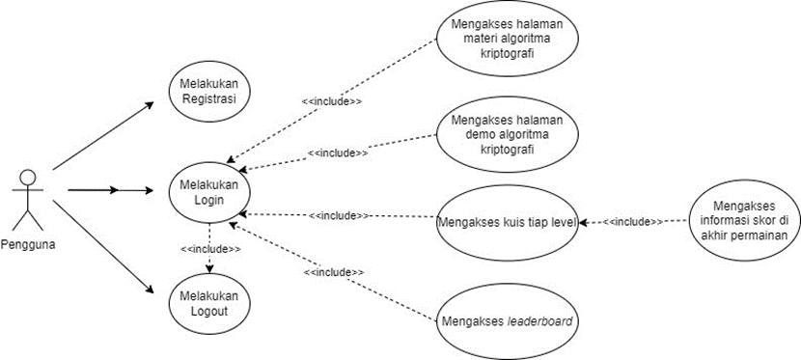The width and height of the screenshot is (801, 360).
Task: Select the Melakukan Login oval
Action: pos(209,192)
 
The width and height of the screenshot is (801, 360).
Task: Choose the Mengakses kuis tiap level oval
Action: pos(507,223)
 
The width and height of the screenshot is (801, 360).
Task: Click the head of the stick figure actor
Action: pos(28,178)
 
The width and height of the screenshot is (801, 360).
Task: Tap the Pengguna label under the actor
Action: pos(28,244)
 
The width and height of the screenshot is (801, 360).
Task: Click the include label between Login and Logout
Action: pos(210,249)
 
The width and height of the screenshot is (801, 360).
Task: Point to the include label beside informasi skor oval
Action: pos(633,223)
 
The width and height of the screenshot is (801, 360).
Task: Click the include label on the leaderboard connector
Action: pos(334,273)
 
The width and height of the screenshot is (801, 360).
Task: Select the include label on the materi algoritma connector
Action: pos(332,101)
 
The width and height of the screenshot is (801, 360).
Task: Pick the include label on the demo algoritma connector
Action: pos(338,152)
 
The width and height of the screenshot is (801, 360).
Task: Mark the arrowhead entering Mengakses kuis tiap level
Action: pos(583,223)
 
